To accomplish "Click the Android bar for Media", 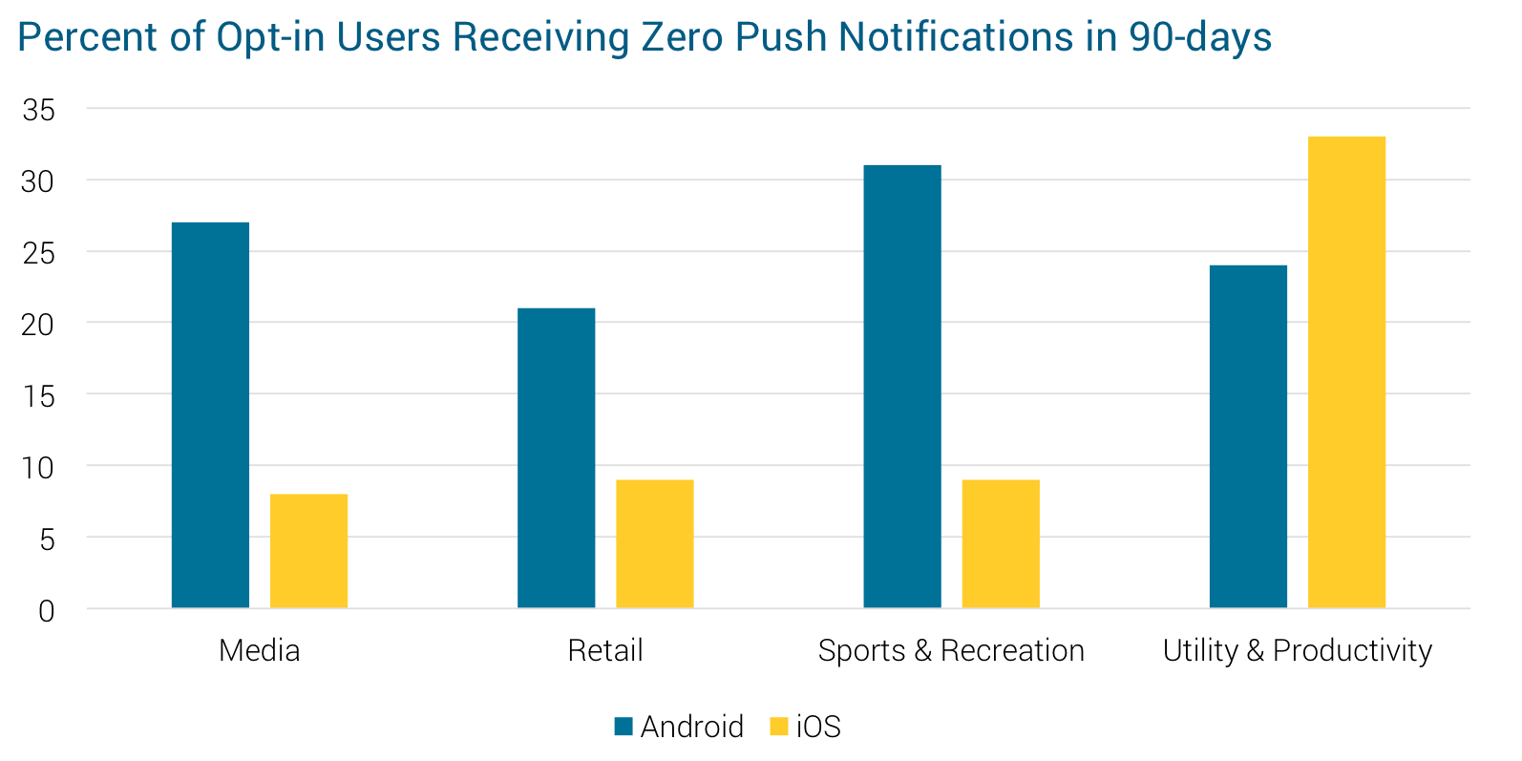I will (x=210, y=415).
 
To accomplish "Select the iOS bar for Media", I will (x=308, y=551).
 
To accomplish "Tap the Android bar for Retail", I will (x=556, y=458).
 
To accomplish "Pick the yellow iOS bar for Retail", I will (x=654, y=543).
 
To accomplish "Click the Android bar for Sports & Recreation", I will (x=902, y=387).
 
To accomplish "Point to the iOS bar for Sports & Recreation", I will (x=1001, y=543).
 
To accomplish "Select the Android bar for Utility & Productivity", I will (x=1248, y=436).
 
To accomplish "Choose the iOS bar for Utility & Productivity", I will (x=1346, y=372).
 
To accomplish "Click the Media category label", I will (x=259, y=651).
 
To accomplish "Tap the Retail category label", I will (x=605, y=651).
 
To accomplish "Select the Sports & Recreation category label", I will (x=951, y=651).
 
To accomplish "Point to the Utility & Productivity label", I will (x=1298, y=651).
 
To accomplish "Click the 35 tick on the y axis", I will (x=39, y=110).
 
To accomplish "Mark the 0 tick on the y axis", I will (x=47, y=610).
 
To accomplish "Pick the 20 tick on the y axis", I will (x=39, y=325).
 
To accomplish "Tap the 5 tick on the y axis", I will (x=47, y=539).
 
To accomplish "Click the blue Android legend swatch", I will (x=624, y=727).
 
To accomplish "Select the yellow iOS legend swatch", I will (x=779, y=727).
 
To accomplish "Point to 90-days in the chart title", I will (x=1200, y=37).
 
